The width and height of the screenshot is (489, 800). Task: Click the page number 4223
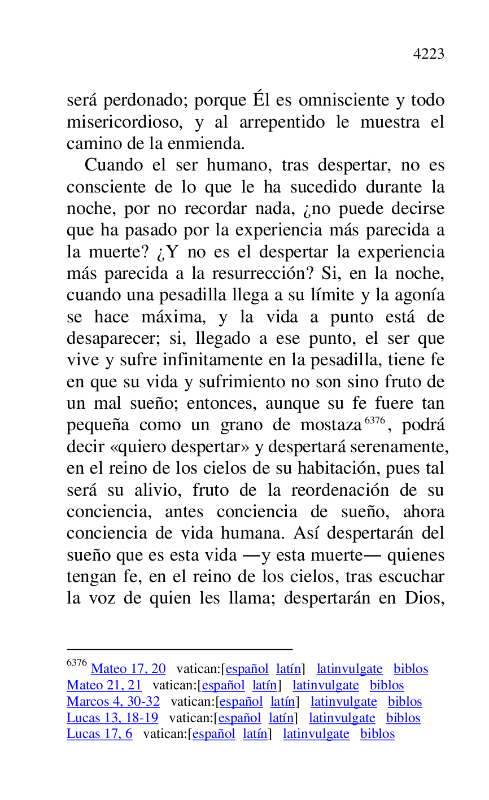click(x=429, y=54)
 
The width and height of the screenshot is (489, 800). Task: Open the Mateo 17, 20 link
click(x=128, y=669)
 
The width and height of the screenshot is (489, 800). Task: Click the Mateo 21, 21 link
click(x=104, y=685)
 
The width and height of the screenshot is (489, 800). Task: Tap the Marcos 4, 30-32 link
click(x=113, y=702)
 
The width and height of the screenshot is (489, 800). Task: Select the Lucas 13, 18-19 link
click(x=112, y=718)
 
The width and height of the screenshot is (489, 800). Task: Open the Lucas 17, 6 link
click(x=99, y=735)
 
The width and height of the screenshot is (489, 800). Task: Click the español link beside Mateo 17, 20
click(x=247, y=669)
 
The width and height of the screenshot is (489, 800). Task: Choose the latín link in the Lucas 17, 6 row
click(x=255, y=735)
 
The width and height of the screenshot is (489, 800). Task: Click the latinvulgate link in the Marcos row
click(x=343, y=702)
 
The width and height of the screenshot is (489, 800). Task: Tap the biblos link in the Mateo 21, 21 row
click(x=387, y=685)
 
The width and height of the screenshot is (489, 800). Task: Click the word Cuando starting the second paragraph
click(x=114, y=165)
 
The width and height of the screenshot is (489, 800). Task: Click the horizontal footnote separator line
click(x=180, y=650)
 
